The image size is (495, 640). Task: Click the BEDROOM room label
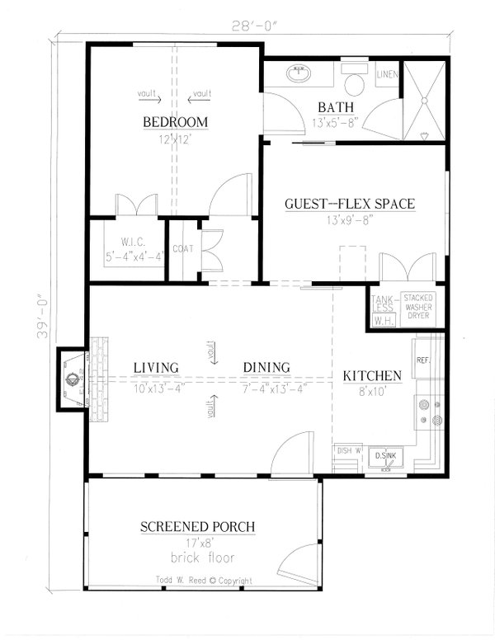tap(174, 123)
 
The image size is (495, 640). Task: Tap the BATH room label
tap(337, 107)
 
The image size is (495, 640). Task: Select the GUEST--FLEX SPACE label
tap(349, 204)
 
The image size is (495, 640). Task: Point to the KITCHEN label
tap(372, 376)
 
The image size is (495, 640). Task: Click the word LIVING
tap(157, 367)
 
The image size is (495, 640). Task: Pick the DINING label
tap(266, 367)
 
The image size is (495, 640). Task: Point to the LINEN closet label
tap(388, 75)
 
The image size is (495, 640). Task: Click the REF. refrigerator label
tap(423, 360)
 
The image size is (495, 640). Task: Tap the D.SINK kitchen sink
tap(384, 455)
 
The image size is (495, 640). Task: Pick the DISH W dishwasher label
tap(346, 450)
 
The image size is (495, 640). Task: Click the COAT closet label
tap(182, 247)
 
